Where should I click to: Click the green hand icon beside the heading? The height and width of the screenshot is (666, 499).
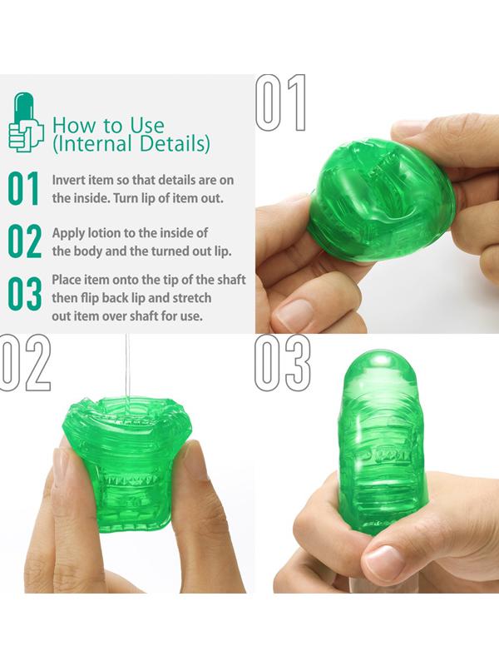pos(26,122)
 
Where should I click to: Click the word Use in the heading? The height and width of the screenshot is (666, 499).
pos(147,126)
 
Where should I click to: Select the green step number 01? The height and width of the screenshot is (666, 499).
pos(23,189)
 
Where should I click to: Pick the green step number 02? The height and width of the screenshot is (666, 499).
pos(25,241)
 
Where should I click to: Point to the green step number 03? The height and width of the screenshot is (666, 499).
pos(25,294)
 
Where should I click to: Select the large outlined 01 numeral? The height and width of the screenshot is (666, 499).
pos(281,102)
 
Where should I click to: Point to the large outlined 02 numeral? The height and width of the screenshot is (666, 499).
pos(26,362)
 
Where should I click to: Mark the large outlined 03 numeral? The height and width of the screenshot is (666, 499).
pos(283,362)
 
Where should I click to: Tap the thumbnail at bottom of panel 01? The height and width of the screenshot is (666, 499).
pos(295,313)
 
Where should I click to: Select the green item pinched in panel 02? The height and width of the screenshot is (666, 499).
pos(126,463)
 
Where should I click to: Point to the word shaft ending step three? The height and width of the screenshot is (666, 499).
pos(231,280)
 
